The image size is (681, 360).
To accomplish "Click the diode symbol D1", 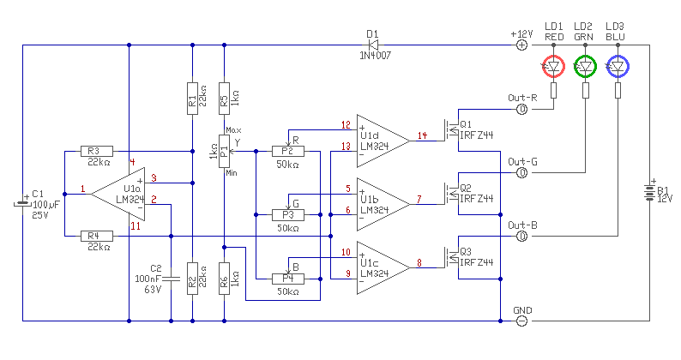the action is pyautogui.click(x=373, y=45).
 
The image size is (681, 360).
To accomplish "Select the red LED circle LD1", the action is pyautogui.click(x=554, y=67).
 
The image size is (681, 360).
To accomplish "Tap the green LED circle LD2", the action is pyautogui.click(x=586, y=67).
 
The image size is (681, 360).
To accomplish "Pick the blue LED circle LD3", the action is pyautogui.click(x=618, y=67).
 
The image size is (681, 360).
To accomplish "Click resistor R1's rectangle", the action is pyautogui.click(x=192, y=98).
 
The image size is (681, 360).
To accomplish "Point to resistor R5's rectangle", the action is pyautogui.click(x=224, y=98).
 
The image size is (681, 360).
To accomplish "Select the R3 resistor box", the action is pyautogui.click(x=97, y=151).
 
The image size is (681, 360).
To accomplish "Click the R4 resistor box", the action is pyautogui.click(x=97, y=237).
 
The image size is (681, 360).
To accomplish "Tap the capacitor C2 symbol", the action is pyautogui.click(x=172, y=279).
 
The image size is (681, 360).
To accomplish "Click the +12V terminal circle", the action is pyautogui.click(x=522, y=45).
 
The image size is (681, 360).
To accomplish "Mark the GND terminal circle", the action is pyautogui.click(x=522, y=321).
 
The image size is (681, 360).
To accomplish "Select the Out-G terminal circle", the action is pyautogui.click(x=522, y=173).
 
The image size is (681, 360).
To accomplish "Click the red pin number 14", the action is pyautogui.click(x=422, y=135).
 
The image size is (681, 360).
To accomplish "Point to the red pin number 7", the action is pyautogui.click(x=419, y=200).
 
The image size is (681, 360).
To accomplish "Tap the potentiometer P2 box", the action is pyautogui.click(x=288, y=151).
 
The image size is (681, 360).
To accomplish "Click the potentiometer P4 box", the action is pyautogui.click(x=288, y=279).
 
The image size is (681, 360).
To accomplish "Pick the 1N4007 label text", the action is pyautogui.click(x=376, y=56).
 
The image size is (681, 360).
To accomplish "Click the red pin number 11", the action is pyautogui.click(x=136, y=226).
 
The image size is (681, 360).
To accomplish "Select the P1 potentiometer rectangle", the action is pyautogui.click(x=224, y=151).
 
